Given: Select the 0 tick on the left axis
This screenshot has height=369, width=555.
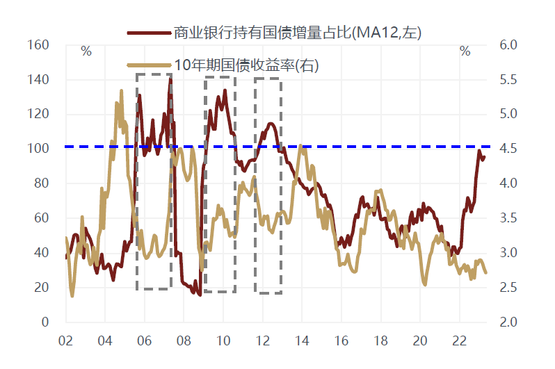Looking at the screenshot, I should pos(44,322).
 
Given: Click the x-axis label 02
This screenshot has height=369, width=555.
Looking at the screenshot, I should pos(66,342).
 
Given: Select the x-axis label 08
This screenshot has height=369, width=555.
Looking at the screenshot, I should pos(184,342).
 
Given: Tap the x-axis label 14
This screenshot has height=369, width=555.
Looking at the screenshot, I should pos(302,342).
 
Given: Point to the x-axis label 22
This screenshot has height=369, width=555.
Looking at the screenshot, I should pos(459,342).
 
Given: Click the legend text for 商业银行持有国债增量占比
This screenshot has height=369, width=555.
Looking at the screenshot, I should pos(298,32).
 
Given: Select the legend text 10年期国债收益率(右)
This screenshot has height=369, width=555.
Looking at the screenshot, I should pos(247,65).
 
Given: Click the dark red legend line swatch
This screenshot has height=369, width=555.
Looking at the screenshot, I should pos(149,33).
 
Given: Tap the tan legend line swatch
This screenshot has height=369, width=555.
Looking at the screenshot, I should pos(149,66).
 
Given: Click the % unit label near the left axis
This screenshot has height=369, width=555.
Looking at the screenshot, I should pos(86,51).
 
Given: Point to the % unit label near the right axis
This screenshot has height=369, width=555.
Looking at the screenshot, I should pos(465,51).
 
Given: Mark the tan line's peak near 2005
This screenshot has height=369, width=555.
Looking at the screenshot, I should pos(121,90).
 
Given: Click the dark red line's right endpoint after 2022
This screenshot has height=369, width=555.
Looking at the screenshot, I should pos(485,157).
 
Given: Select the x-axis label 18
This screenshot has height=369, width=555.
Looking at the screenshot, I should pos(380,342).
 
